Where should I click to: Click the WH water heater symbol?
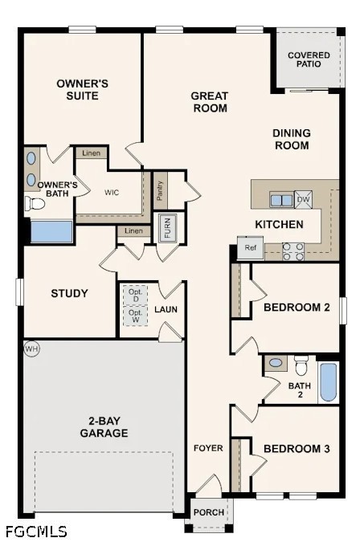point(31,348)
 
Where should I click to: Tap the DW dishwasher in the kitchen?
point(303,199)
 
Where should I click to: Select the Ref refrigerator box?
point(251,247)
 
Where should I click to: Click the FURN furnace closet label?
point(168,227)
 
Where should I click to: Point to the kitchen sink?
point(281,200)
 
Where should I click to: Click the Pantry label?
point(160,191)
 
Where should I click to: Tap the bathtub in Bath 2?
point(329,381)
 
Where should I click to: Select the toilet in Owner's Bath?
point(35,204)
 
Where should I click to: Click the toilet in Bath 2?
point(301,365)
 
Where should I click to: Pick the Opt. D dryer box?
point(136,295)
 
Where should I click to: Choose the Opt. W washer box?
point(136,316)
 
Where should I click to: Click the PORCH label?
point(209,512)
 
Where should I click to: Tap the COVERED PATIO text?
point(309,59)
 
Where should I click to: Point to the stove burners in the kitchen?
point(293,251)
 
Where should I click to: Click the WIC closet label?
point(112,193)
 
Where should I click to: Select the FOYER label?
point(208,448)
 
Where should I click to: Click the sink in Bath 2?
point(276,363)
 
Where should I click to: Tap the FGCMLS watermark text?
point(36,531)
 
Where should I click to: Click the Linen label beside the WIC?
point(92,153)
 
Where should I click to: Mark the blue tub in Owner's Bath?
point(51,231)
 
